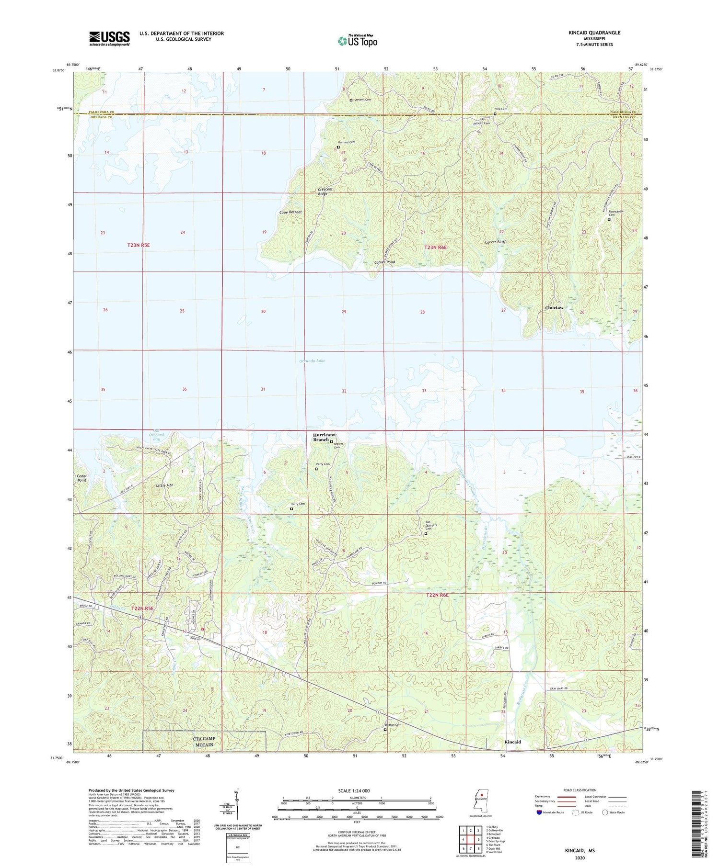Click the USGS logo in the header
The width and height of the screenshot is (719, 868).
click(x=109, y=38)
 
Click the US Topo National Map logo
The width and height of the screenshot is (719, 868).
click(x=358, y=41)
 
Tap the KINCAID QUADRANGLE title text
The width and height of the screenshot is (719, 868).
click(x=594, y=33)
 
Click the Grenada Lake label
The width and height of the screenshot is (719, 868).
click(x=312, y=361)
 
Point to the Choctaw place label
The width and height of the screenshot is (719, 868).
click(x=554, y=308)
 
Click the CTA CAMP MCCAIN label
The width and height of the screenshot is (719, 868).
click(x=204, y=741)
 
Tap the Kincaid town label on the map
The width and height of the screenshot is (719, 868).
click(x=512, y=742)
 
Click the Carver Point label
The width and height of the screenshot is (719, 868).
click(x=384, y=262)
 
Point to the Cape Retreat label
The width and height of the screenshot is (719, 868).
click(x=290, y=212)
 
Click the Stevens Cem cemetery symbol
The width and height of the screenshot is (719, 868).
click(x=351, y=100)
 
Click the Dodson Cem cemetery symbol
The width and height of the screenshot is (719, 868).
click(x=385, y=730)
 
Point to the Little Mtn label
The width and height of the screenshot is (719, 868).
click(x=164, y=485)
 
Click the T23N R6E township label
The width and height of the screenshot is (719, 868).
click(x=435, y=248)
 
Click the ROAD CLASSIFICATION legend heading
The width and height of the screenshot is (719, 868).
click(x=580, y=790)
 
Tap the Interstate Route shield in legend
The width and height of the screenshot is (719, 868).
click(x=539, y=812)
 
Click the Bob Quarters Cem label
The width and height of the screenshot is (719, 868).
click(x=428, y=525)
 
